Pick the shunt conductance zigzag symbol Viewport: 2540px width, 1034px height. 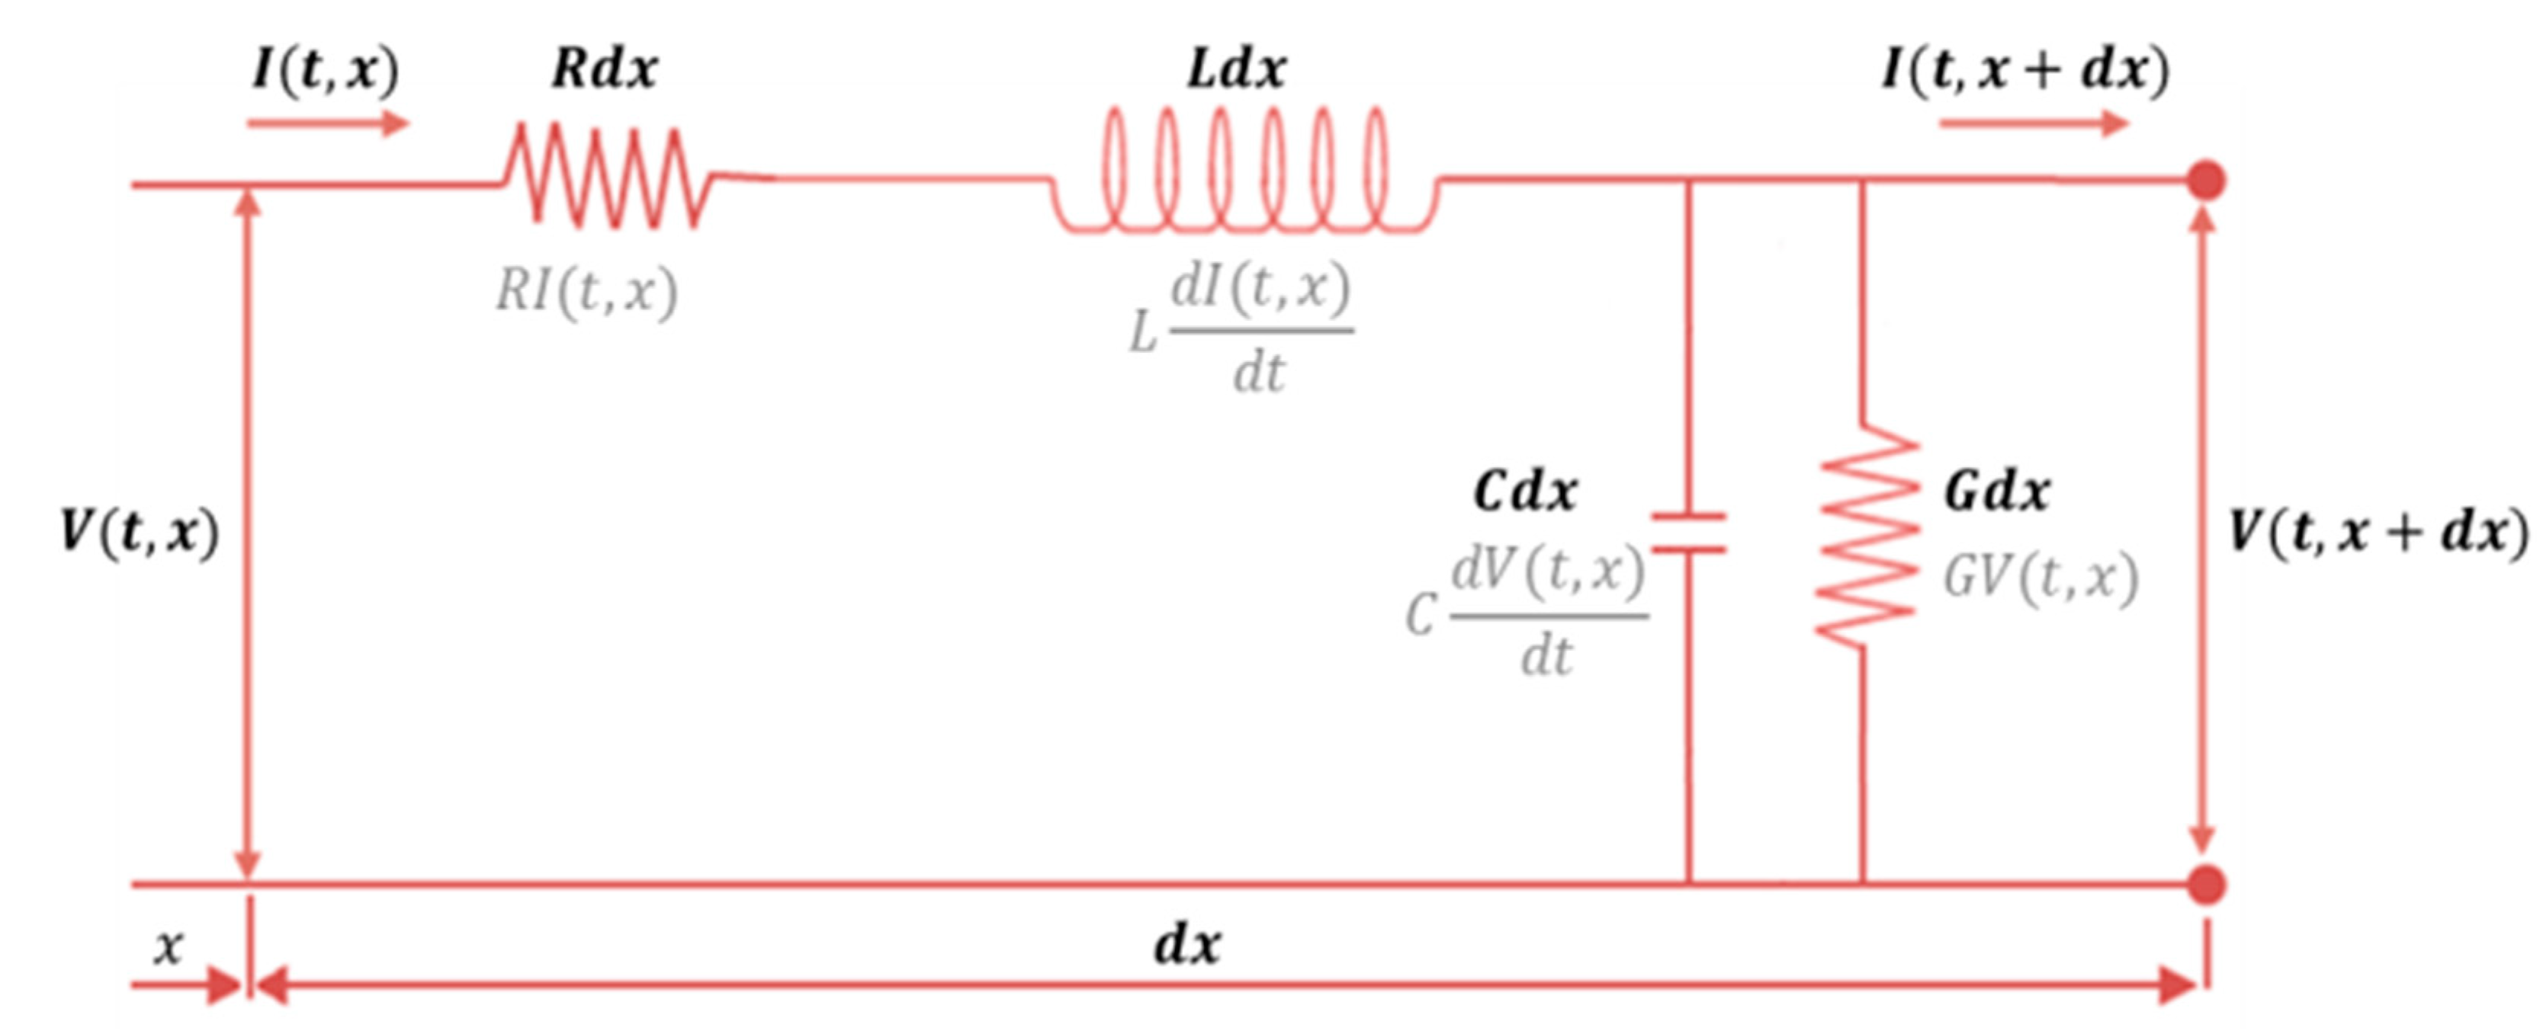1866,535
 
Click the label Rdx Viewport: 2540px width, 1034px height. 603,69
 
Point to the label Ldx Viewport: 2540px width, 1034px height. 1237,69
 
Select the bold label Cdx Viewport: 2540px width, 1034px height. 1524,491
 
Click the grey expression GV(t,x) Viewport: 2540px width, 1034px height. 2039,578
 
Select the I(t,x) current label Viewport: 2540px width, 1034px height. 326,69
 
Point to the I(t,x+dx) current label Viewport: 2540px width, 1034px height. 2025,69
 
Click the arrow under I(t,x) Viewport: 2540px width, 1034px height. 327,123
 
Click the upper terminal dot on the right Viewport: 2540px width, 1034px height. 2207,181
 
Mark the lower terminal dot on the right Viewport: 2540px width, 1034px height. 2207,884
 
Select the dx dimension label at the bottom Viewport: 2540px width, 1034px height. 1187,944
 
